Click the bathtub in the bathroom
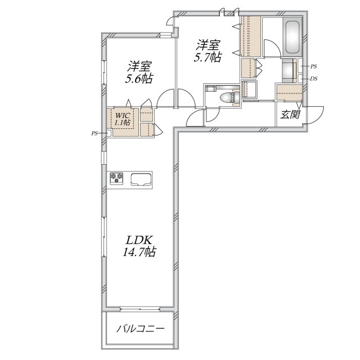click(x=292, y=37)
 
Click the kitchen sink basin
click(x=141, y=179)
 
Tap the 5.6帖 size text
click(x=139, y=79)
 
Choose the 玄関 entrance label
click(x=289, y=115)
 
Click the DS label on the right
click(x=313, y=79)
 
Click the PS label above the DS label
click(x=313, y=66)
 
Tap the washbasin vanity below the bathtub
click(x=289, y=69)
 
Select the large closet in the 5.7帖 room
click(x=250, y=37)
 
